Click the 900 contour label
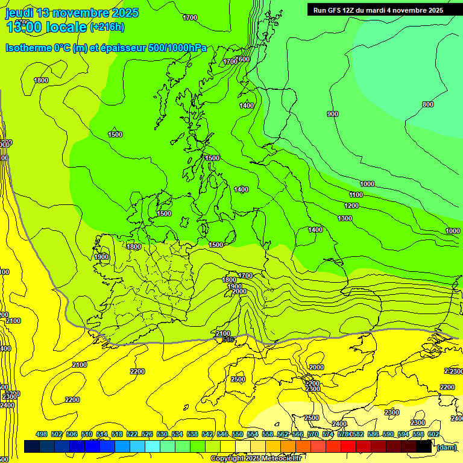tap(332, 114)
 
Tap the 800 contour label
tap(427, 105)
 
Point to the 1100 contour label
tap(356, 195)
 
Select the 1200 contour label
tap(351, 206)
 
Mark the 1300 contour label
tap(345, 218)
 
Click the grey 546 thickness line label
tap(227, 340)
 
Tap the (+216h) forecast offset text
tap(107, 27)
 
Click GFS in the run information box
tap(338, 10)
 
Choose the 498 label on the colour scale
tap(42, 434)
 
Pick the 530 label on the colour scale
tap(162, 434)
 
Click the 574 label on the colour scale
tap(328, 434)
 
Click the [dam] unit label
tap(446, 447)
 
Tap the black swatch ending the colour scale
tap(424, 447)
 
